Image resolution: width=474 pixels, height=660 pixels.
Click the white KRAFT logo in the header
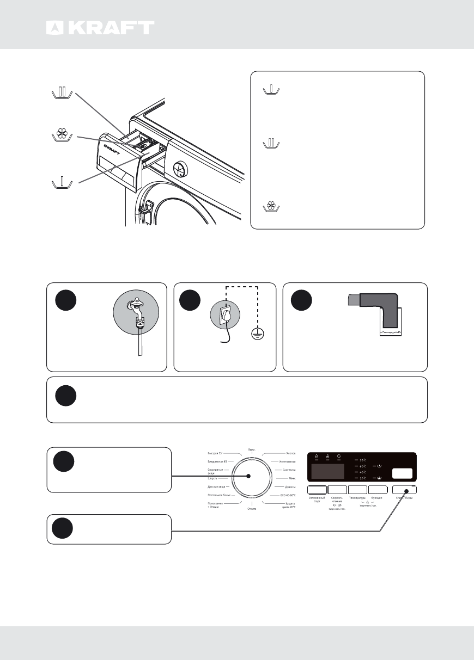[100, 28]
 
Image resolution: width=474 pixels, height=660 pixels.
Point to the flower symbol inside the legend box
[271, 206]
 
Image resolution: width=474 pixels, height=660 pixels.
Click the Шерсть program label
[213, 478]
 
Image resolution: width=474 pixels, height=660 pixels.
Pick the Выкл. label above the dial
[252, 450]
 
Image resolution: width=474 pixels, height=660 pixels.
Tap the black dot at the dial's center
[248, 476]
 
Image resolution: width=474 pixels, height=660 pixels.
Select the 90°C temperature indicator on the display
[362, 460]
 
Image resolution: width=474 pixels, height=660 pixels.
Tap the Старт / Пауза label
[404, 498]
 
